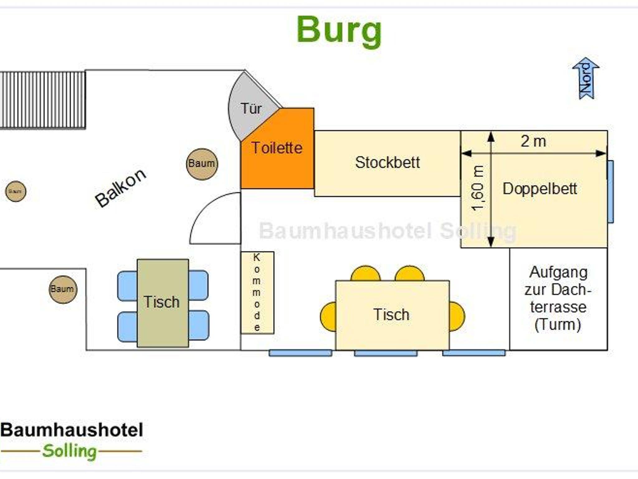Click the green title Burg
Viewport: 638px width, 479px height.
(339, 31)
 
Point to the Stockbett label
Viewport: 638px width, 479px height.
(387, 163)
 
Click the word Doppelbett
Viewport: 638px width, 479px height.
(540, 189)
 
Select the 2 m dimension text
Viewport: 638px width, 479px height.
(533, 141)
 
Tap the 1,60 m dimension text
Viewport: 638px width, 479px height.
(478, 189)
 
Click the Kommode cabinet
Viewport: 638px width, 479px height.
(257, 292)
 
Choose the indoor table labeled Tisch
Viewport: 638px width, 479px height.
(392, 315)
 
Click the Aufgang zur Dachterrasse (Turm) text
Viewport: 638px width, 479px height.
(558, 298)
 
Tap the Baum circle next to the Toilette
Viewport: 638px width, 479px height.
(202, 164)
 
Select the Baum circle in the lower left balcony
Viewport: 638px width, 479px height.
(63, 289)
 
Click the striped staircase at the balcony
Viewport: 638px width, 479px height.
(43, 100)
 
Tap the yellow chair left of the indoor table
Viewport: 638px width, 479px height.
(328, 316)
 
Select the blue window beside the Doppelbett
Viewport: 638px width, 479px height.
(611, 192)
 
